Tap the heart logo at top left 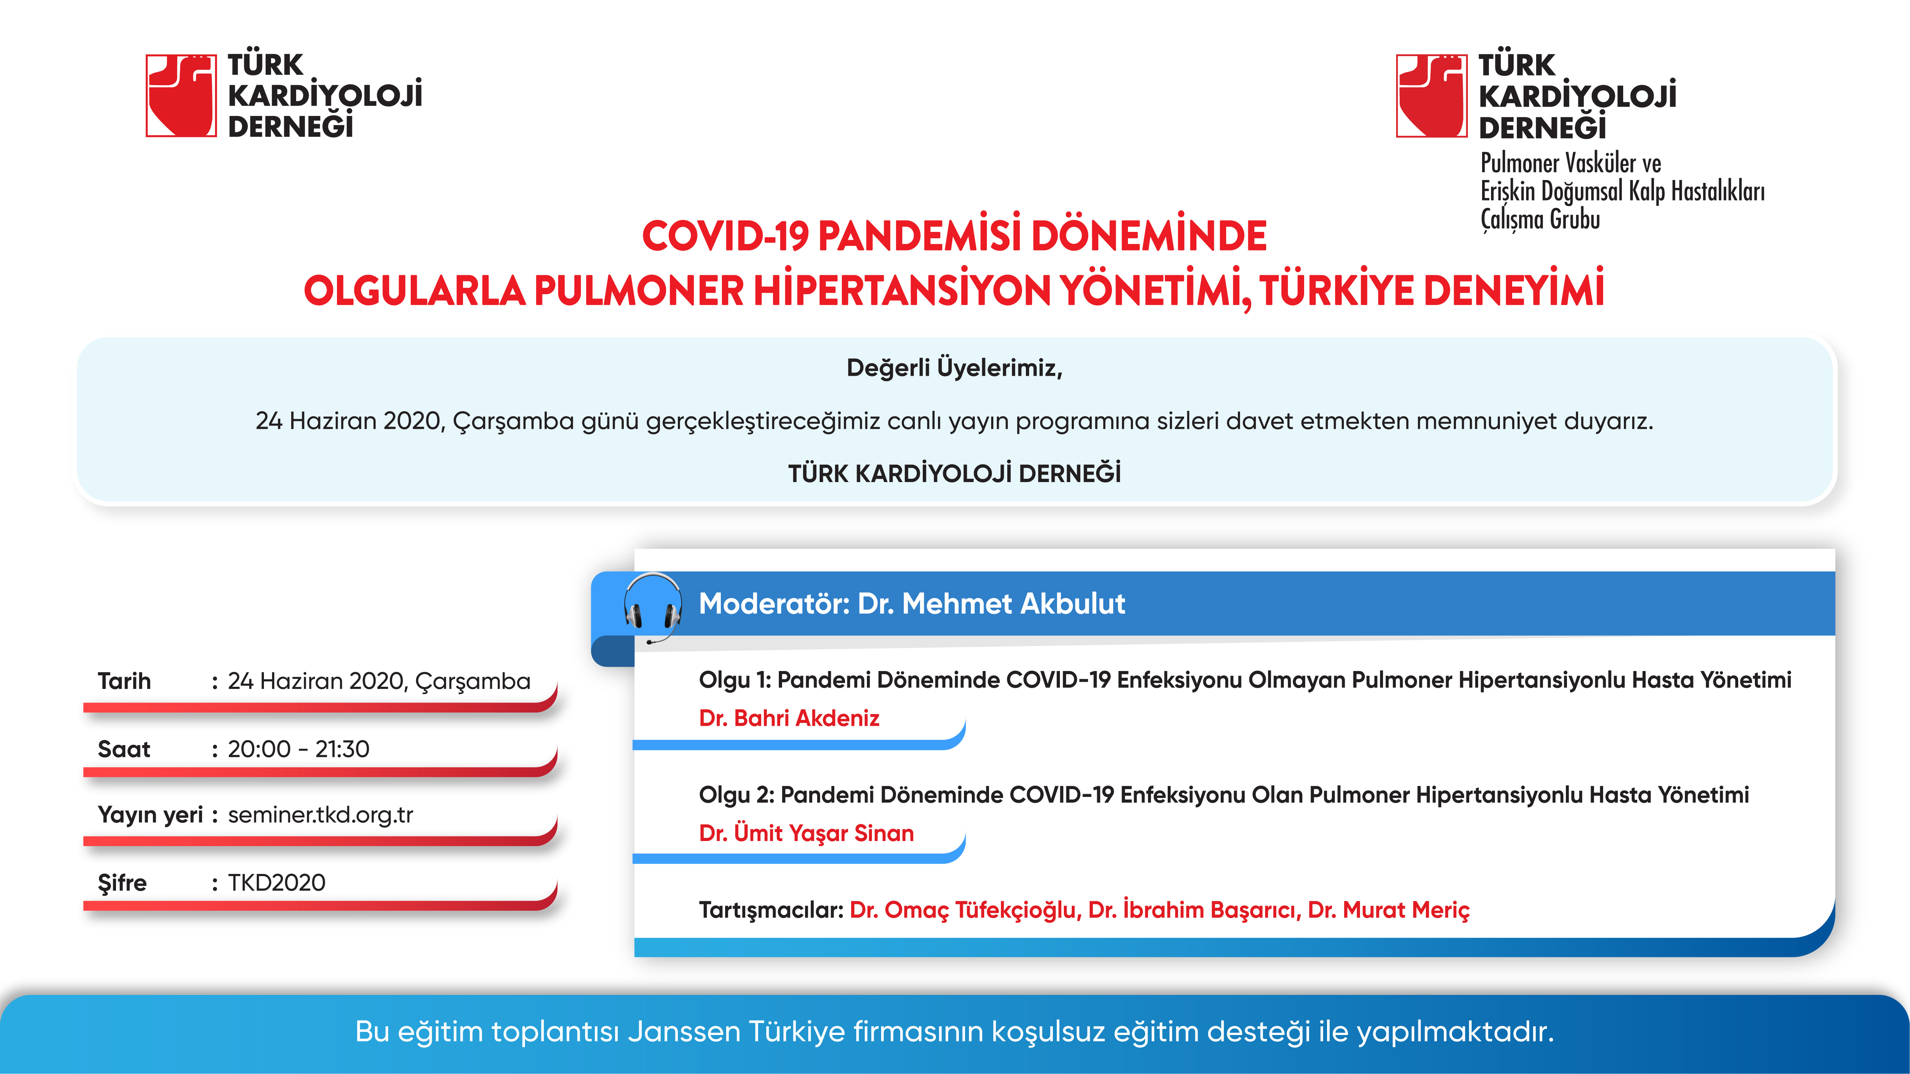(x=181, y=96)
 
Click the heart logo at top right (x=1431, y=96)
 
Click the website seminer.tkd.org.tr (x=320, y=815)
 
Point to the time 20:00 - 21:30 (x=298, y=749)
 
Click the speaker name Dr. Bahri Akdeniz (x=789, y=718)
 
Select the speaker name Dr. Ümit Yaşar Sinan (x=806, y=833)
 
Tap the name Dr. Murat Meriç (x=1388, y=910)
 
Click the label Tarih (x=124, y=681)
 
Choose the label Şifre (x=122, y=883)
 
